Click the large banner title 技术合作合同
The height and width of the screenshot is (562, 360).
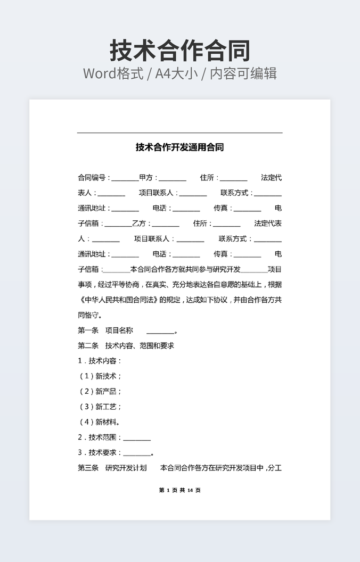(x=180, y=51)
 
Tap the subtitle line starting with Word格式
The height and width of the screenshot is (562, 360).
(x=180, y=73)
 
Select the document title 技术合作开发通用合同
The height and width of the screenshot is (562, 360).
(x=179, y=147)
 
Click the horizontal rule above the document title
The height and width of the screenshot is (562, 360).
(x=179, y=133)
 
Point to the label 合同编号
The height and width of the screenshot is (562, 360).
(x=94, y=178)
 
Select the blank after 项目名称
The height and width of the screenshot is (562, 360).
(x=160, y=333)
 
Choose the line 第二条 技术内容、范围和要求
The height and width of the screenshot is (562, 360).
(x=126, y=345)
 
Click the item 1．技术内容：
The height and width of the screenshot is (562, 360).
(x=100, y=361)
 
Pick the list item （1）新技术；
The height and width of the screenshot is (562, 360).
(x=100, y=376)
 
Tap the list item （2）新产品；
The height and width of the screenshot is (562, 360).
(x=100, y=392)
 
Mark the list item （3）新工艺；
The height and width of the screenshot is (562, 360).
(x=100, y=407)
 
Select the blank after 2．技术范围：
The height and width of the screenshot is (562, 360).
(x=137, y=440)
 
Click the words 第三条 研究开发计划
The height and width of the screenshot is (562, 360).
(x=112, y=468)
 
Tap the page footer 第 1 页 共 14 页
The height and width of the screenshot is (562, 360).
(x=179, y=490)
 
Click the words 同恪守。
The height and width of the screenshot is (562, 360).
(x=91, y=315)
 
